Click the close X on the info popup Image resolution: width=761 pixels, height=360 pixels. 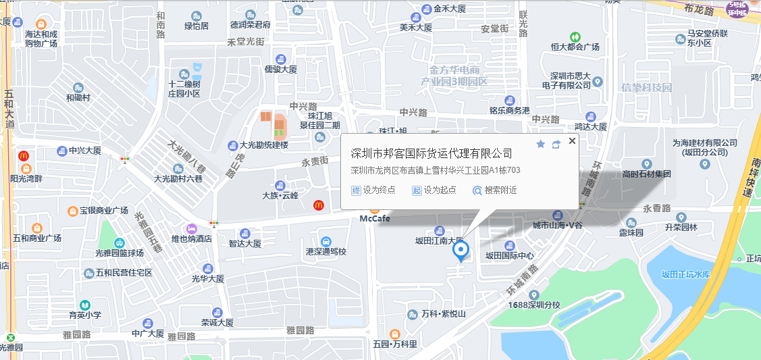(x=572, y=141)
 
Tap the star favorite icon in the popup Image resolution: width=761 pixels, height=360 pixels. (x=540, y=144)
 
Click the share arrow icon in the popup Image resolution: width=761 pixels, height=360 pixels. (x=556, y=144)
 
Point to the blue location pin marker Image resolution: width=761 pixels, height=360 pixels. (x=461, y=251)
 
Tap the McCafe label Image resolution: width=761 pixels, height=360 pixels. (x=375, y=218)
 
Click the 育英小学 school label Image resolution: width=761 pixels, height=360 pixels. (x=85, y=315)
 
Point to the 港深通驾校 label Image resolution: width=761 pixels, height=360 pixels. (x=326, y=251)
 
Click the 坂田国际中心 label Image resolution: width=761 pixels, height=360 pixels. (x=510, y=255)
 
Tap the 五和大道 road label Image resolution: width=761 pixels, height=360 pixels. (x=9, y=108)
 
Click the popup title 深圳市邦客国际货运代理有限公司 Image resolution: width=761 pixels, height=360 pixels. (x=432, y=153)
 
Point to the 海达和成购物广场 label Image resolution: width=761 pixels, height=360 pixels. (x=41, y=38)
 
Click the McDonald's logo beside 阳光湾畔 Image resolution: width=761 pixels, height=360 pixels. (x=24, y=156)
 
